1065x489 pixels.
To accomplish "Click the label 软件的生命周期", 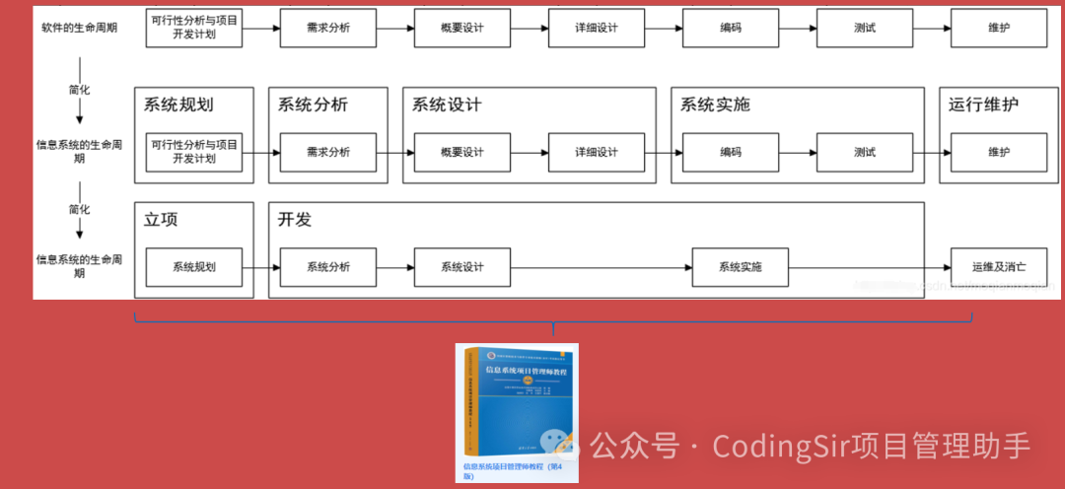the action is tap(79, 28).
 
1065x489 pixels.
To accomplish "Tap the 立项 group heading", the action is tap(161, 220).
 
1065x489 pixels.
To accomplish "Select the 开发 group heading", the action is tap(295, 220).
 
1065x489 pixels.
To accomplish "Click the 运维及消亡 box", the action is tap(999, 267).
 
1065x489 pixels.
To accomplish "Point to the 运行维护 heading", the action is tap(983, 105).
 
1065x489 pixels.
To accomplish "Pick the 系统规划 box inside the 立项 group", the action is tap(194, 267).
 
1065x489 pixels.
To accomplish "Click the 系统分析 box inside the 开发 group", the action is tap(328, 267).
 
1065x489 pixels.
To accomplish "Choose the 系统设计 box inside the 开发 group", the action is tap(462, 267).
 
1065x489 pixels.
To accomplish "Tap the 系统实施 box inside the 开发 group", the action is tap(740, 267).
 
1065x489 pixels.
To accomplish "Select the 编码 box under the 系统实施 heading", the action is tap(731, 152).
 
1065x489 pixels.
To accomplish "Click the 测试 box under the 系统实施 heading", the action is tap(865, 152).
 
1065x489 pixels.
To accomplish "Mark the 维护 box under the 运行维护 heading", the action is tap(999, 152).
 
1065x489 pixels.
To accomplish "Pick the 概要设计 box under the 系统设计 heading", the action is tap(462, 152).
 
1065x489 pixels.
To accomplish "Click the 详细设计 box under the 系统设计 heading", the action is tap(597, 152).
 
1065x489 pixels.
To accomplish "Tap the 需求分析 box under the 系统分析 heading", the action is tap(328, 152).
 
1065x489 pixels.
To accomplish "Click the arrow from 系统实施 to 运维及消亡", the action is tap(868, 267).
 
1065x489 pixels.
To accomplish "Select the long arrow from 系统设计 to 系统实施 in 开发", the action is tap(602, 267).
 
